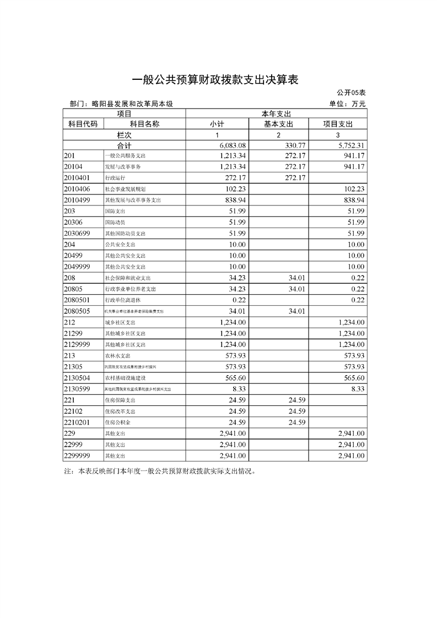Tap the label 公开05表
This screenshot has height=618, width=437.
350,93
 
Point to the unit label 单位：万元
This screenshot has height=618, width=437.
347,104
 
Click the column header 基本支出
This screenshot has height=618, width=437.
278,124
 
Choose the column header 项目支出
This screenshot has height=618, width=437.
337,124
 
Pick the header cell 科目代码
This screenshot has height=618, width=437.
83,124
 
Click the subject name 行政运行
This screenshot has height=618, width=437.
115,178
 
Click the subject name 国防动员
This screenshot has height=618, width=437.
115,223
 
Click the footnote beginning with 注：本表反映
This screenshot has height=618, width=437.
160,471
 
